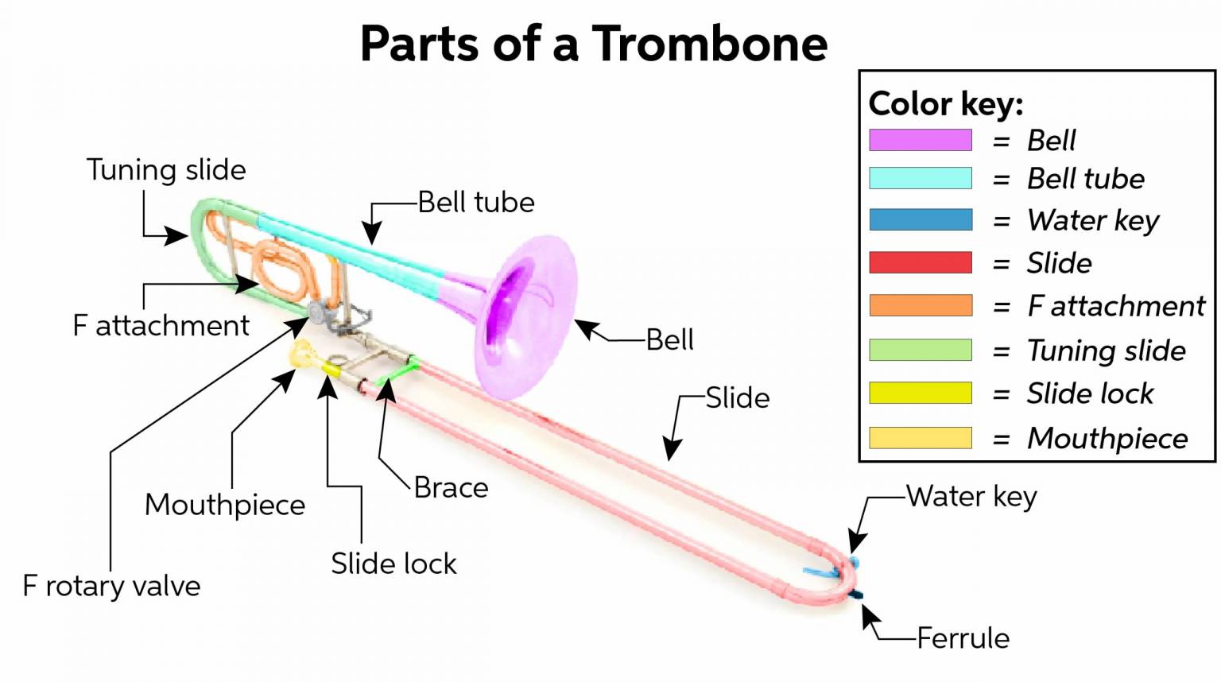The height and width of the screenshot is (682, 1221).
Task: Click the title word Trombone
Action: click(709, 44)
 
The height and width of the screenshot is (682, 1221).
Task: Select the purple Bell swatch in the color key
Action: click(920, 140)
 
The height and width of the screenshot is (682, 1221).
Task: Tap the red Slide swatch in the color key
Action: click(920, 262)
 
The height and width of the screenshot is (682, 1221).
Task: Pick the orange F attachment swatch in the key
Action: click(920, 305)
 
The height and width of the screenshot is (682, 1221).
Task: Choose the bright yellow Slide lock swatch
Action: click(920, 393)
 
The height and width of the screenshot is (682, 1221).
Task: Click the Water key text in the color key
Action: click(1092, 220)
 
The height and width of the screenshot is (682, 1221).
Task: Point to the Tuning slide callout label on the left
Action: click(166, 170)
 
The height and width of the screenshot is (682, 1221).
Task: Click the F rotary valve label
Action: click(111, 586)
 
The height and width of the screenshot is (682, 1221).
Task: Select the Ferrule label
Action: click(963, 637)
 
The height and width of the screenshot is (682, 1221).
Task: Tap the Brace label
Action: click(451, 487)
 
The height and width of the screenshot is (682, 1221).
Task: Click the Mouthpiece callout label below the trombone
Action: click(225, 505)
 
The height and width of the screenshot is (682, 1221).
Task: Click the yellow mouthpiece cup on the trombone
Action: click(301, 354)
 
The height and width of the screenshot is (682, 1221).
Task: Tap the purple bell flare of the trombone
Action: click(529, 318)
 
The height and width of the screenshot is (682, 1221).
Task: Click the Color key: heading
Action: click(945, 104)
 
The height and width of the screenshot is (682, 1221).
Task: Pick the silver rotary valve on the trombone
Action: click(318, 311)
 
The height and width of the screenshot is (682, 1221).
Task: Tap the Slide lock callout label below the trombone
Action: click(393, 564)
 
